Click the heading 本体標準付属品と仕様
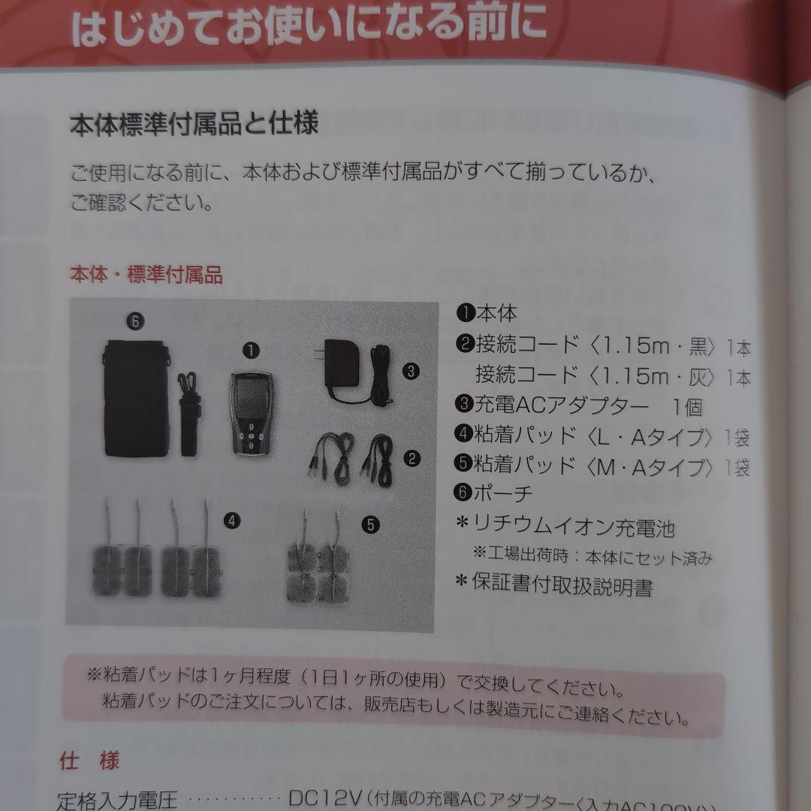[x=194, y=123]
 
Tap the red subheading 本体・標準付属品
[x=146, y=275]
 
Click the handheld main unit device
[x=251, y=413]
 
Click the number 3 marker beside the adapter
[x=411, y=370]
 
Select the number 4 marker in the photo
[x=234, y=519]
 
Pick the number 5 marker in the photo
[x=370, y=525]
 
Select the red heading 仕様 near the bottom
[x=89, y=761]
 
